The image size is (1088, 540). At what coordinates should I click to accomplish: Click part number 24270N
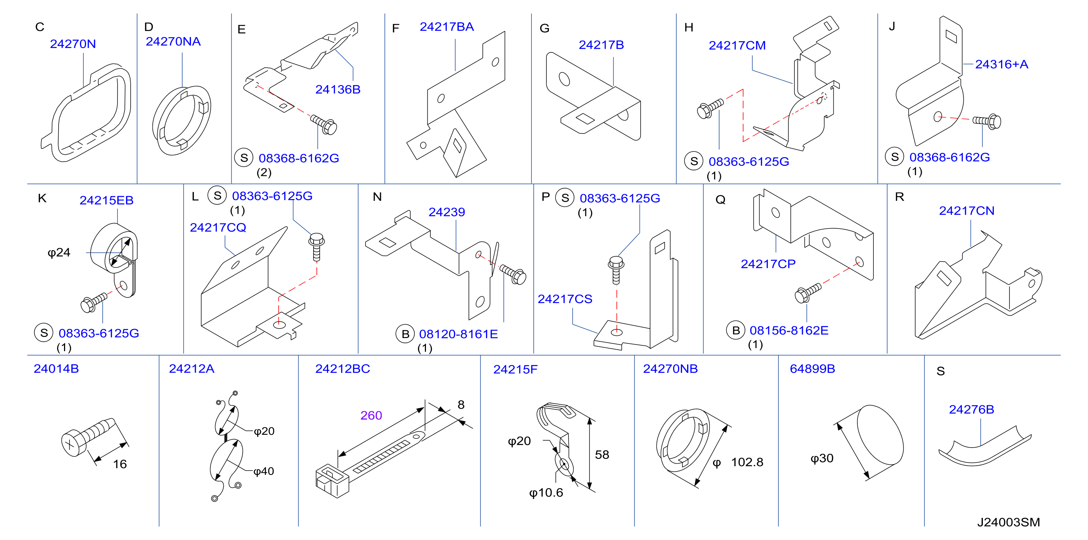73,44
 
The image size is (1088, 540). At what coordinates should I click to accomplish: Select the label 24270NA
173,41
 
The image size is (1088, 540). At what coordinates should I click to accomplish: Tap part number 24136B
338,90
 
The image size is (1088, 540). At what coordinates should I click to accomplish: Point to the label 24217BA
447,27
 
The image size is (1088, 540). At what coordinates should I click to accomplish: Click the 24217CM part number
737,45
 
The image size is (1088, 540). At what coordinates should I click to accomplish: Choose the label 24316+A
1001,64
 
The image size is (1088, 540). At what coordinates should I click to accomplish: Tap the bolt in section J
987,121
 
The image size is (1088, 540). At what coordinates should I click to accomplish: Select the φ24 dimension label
59,252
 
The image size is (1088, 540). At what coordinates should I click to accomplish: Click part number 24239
447,212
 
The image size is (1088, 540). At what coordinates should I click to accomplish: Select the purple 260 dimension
371,415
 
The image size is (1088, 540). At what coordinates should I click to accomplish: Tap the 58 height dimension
602,454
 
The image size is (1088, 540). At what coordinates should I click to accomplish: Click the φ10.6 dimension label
546,493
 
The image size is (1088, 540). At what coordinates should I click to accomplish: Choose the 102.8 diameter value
747,462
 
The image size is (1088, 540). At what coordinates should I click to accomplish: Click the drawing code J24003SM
1009,522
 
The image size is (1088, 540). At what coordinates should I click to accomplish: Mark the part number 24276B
972,409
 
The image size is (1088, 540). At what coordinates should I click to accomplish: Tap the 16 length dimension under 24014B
120,464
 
